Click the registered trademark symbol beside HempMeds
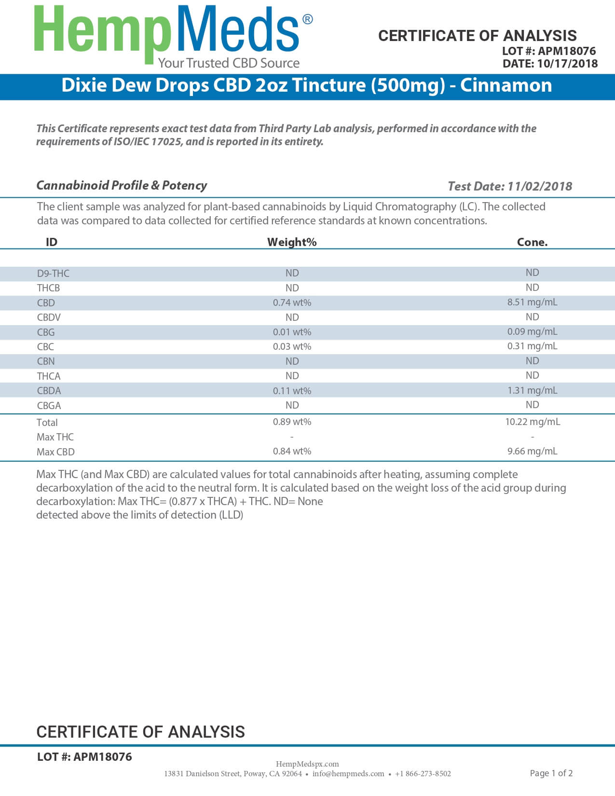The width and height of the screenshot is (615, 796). click(x=307, y=19)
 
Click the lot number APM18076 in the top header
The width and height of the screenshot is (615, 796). click(x=567, y=51)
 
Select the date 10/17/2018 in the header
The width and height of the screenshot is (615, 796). click(x=567, y=64)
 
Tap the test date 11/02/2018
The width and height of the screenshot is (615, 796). click(x=540, y=186)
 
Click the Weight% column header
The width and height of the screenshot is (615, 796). click(x=292, y=242)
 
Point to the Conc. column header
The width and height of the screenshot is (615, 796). click(x=532, y=242)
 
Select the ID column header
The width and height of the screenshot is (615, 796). click(x=52, y=242)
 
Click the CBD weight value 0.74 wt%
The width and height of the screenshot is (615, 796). click(x=292, y=302)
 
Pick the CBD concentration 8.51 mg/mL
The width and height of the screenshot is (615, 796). click(x=532, y=302)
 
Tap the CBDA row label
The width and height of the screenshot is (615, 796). click(x=49, y=391)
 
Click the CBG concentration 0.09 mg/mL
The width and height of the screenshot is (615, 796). click(x=532, y=331)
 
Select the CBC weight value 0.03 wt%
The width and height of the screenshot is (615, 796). click(x=292, y=346)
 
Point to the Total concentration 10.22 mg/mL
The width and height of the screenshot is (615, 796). click(x=533, y=422)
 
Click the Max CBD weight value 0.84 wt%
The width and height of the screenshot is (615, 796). click(x=292, y=451)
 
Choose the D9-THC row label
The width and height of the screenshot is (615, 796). click(x=53, y=274)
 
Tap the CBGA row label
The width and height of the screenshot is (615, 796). click(x=49, y=406)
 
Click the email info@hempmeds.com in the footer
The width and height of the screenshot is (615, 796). click(x=348, y=774)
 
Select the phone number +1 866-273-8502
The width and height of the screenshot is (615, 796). click(x=423, y=774)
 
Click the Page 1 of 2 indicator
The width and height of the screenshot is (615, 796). click(x=551, y=773)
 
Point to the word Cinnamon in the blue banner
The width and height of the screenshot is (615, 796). click(x=506, y=85)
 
